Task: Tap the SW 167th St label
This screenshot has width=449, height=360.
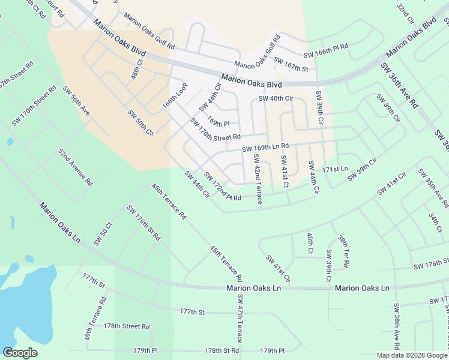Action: point(291,64)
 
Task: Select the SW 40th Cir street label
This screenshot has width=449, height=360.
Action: point(276,98)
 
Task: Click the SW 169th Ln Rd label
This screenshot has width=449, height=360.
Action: point(265,147)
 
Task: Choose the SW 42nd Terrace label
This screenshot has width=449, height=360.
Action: point(257,179)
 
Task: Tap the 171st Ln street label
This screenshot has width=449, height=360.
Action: point(335,170)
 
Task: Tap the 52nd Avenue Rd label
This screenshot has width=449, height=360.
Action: point(76,166)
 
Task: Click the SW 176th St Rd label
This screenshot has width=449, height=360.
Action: point(143,223)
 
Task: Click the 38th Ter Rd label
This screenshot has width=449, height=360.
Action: point(343,251)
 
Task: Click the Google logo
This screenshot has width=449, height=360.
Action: point(20,353)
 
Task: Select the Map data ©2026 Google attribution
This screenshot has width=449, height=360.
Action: point(411,355)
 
